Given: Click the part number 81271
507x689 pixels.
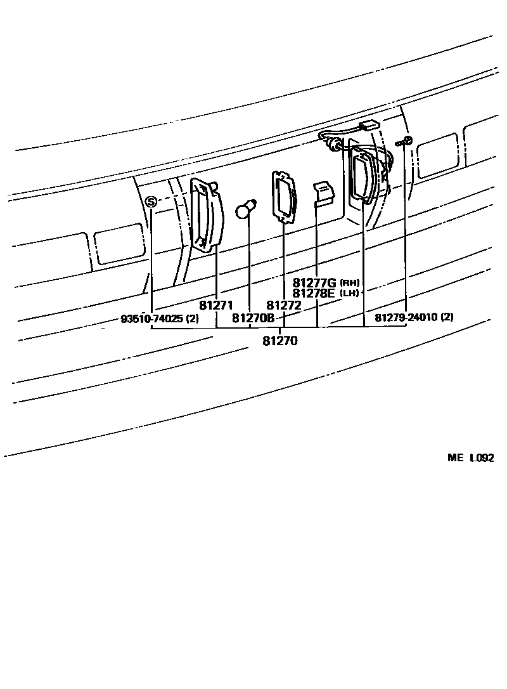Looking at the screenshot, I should point(217,305).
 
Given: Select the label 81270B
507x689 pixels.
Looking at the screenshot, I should point(253,318).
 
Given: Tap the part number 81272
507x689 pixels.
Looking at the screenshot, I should point(283,305).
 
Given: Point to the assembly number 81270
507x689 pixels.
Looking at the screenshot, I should point(279,341).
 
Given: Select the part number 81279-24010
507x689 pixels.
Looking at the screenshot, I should point(406,317).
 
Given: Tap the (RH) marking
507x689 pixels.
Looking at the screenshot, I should point(350,282).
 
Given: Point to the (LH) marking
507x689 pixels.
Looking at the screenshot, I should point(350,293).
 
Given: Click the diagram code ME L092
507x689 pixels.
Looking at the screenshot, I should point(470,458).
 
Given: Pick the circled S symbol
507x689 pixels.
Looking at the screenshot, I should point(151,202).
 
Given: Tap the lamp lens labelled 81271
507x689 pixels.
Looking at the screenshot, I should point(207,216).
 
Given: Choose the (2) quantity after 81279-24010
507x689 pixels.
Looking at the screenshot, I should point(447,317).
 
